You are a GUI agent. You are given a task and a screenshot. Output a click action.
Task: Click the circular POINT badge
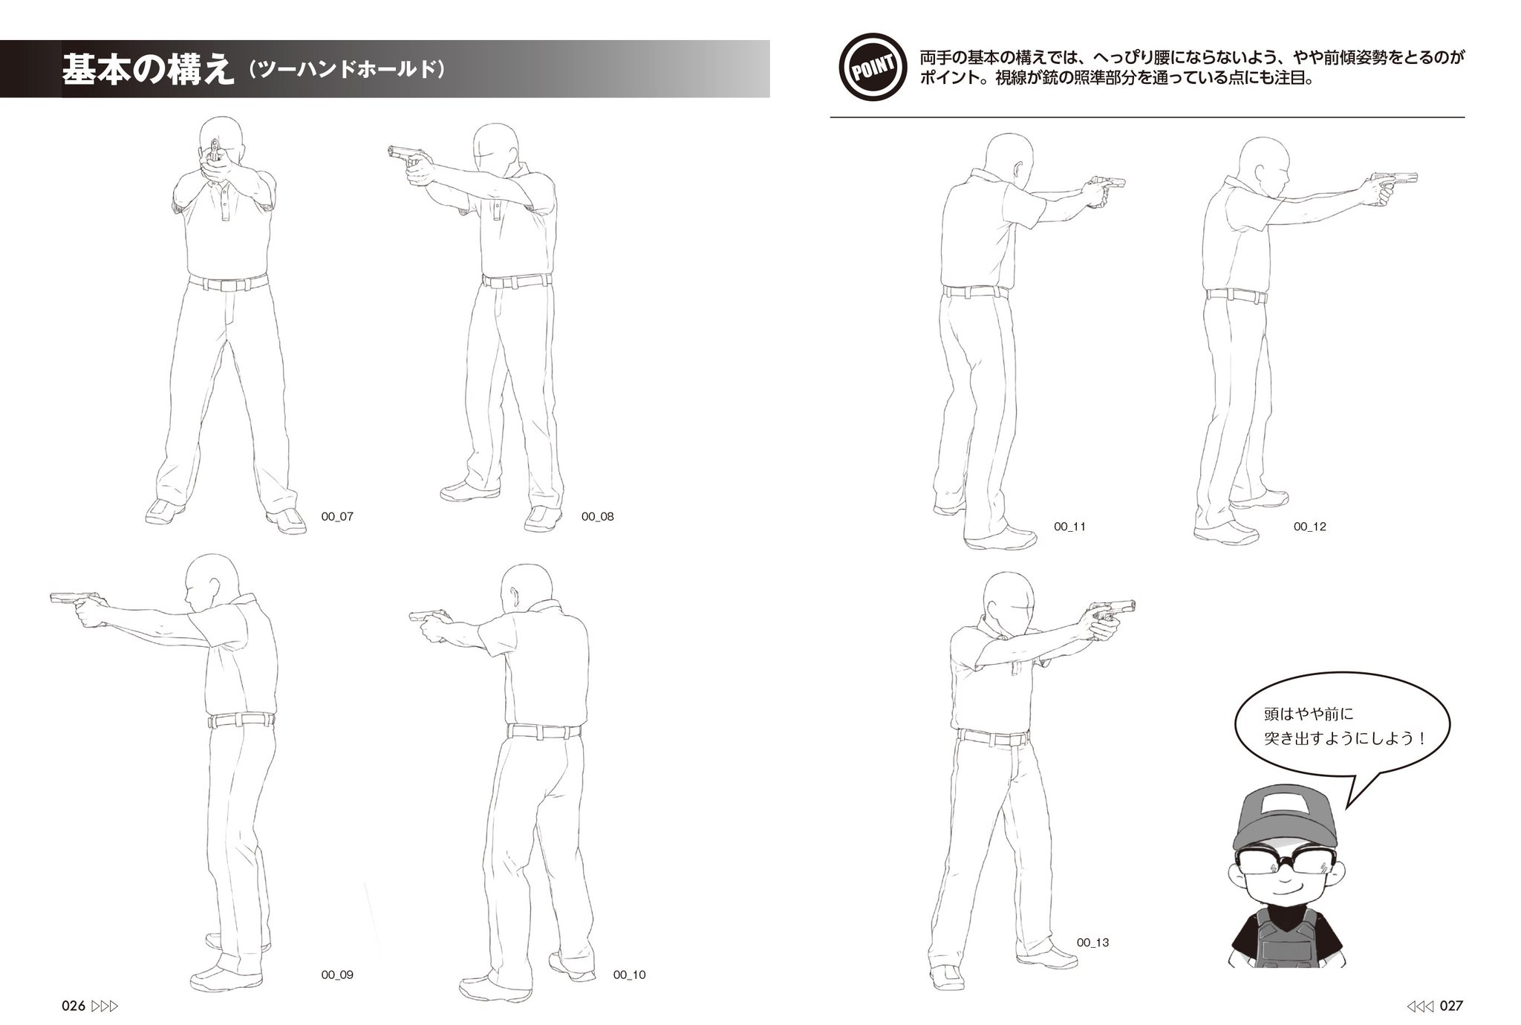(x=873, y=69)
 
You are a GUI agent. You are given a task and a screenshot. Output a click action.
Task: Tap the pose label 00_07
(x=337, y=516)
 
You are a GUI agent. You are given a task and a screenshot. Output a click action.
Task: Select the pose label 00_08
(x=598, y=516)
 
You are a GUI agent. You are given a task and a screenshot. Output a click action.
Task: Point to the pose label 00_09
(x=337, y=974)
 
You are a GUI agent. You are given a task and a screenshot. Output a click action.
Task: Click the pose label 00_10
(x=630, y=974)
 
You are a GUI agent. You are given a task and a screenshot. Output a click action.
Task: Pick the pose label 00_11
(x=1070, y=527)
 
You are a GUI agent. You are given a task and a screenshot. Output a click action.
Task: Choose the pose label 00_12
(x=1310, y=527)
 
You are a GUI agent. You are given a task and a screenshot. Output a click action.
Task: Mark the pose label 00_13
(x=1093, y=943)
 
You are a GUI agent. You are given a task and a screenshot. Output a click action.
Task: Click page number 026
(x=74, y=1006)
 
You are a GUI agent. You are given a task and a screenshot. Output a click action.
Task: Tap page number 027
(x=1451, y=1006)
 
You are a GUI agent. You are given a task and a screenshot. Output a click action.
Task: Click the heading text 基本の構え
(x=146, y=69)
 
